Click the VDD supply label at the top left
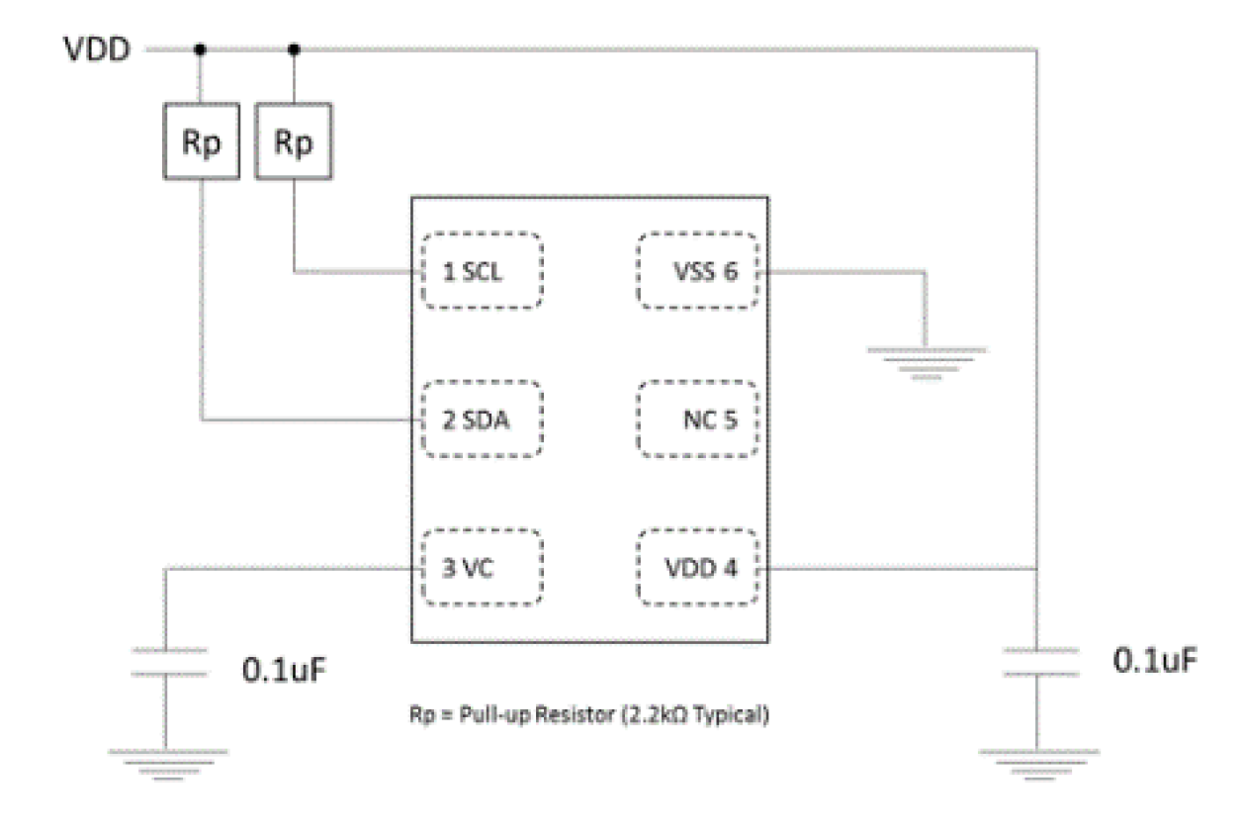click(97, 49)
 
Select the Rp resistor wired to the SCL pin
click(293, 143)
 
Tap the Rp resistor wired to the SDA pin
click(201, 143)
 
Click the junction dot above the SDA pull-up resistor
click(201, 48)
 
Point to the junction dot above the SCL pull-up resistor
click(293, 48)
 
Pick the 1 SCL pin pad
click(482, 271)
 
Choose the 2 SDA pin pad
click(482, 419)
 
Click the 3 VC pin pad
click(482, 568)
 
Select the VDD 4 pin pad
click(699, 568)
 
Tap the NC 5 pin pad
click(699, 419)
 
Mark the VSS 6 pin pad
click(699, 271)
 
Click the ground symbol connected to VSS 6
click(926, 362)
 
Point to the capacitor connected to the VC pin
click(165, 662)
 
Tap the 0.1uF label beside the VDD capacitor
click(1156, 660)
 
